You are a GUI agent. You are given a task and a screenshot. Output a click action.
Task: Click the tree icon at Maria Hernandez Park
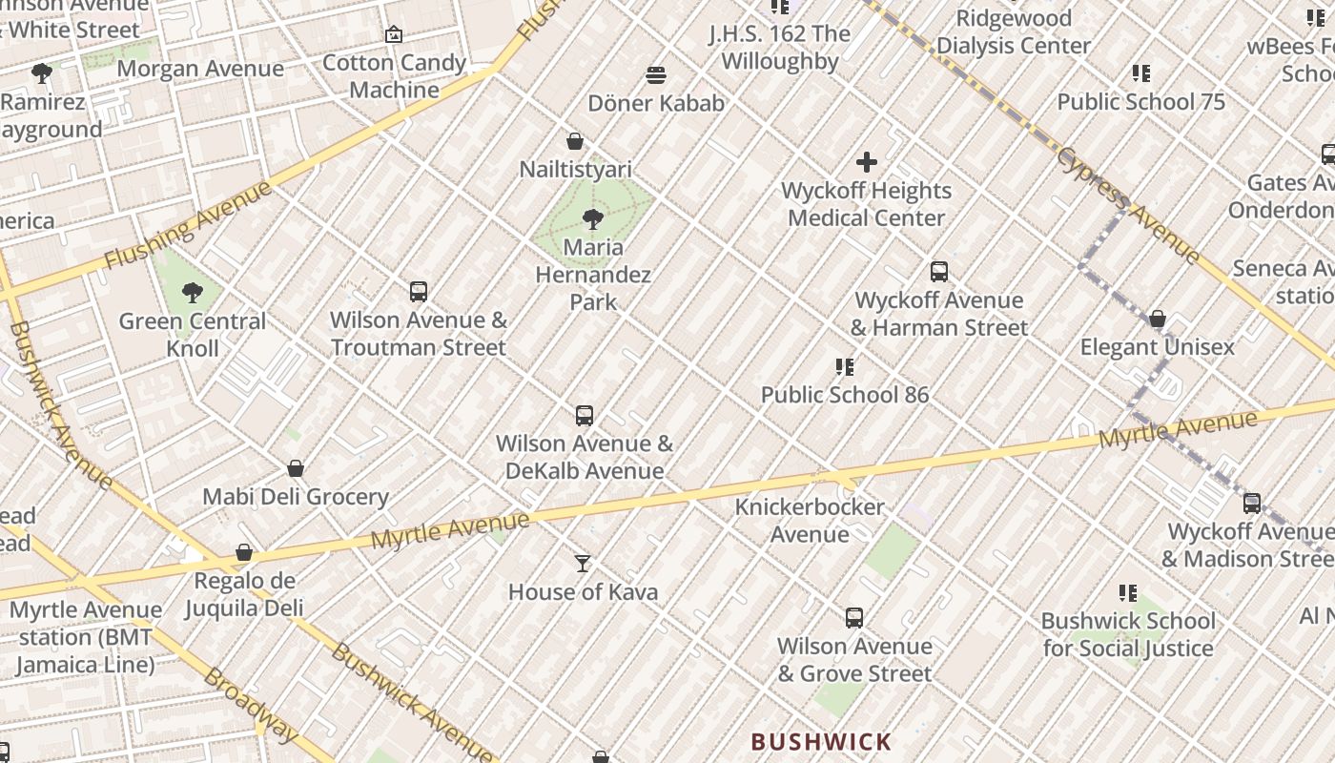click(x=592, y=219)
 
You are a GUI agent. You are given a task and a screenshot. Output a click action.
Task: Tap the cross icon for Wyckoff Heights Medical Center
click(x=866, y=162)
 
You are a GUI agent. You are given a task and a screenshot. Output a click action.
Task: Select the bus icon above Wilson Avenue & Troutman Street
click(x=418, y=292)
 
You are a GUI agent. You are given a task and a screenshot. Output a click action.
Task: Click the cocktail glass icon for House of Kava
click(x=583, y=564)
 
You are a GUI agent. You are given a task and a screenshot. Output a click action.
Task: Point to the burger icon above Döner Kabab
click(x=655, y=74)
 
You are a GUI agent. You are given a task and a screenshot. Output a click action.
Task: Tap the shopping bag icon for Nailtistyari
click(x=575, y=141)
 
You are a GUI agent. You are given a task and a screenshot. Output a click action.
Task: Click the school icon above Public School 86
click(x=844, y=366)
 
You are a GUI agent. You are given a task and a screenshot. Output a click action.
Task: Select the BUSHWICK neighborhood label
click(x=821, y=741)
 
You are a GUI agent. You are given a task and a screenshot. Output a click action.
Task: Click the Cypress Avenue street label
click(x=1128, y=205)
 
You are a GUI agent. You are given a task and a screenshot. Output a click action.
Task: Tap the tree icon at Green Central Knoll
click(x=193, y=292)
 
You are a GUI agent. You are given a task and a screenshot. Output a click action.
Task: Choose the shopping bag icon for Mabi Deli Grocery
click(x=296, y=468)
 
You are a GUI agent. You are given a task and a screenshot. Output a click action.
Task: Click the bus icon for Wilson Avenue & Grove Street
click(x=854, y=618)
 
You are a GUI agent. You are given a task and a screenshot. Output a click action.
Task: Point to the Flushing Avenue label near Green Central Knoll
click(x=188, y=226)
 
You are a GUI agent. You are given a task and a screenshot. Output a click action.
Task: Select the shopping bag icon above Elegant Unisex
click(x=1157, y=319)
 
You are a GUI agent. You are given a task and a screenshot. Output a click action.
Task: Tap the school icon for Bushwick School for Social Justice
click(x=1128, y=593)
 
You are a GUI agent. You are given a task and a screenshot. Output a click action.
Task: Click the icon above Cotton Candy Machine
click(x=394, y=34)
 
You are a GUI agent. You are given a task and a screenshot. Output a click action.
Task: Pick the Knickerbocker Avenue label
click(x=810, y=520)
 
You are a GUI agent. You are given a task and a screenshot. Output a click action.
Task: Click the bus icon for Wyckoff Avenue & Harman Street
click(x=939, y=272)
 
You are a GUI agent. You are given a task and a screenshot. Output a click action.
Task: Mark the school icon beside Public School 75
click(x=1140, y=73)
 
